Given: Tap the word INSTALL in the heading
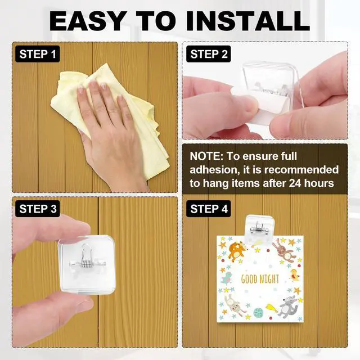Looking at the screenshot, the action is (x=248, y=21).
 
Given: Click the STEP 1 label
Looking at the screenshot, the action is (x=38, y=54).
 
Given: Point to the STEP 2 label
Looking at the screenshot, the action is (x=209, y=54).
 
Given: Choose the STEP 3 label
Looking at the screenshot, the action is (x=38, y=209).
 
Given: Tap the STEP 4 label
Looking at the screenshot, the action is (x=209, y=209).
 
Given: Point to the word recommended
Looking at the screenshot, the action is (x=301, y=170).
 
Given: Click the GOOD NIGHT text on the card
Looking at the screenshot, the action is (x=260, y=279).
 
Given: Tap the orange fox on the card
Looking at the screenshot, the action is (x=236, y=251).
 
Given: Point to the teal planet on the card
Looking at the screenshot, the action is (x=258, y=313).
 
